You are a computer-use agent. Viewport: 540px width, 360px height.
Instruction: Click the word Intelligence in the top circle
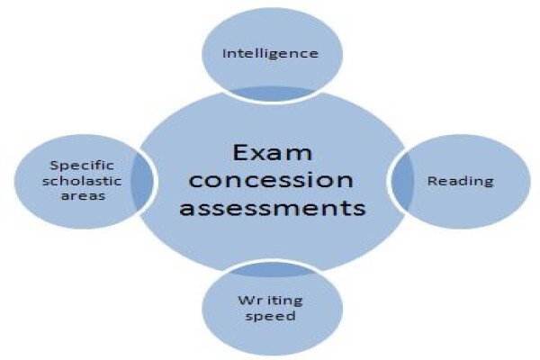[x=270, y=54]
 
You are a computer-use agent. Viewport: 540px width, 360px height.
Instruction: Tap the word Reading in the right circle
[x=461, y=182]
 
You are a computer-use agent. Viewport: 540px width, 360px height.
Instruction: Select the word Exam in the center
[x=272, y=153]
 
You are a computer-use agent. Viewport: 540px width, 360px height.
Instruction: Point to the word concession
[x=271, y=181]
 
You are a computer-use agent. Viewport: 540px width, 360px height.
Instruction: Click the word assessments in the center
[x=272, y=208]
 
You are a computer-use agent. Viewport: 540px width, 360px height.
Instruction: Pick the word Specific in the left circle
[x=82, y=166]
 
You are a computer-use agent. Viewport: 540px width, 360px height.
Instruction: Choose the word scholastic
[x=82, y=181]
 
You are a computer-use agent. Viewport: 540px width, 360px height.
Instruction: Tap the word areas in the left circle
[x=83, y=196]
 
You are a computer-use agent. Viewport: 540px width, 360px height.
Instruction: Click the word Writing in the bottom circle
[x=270, y=301]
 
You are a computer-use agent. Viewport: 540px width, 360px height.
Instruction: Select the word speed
[x=270, y=316]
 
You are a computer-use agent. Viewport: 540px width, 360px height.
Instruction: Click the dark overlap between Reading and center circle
[x=402, y=182]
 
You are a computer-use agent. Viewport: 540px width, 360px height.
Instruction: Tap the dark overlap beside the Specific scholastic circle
[x=141, y=182]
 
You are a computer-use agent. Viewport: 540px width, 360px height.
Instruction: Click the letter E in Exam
[x=240, y=153]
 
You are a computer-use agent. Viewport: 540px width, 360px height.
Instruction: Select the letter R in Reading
[x=433, y=181]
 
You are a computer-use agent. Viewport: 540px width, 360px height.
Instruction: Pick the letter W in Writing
[x=246, y=300]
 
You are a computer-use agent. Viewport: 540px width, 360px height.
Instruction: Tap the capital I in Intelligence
[x=225, y=53]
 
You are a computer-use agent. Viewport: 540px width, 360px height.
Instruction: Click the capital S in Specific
[x=54, y=166]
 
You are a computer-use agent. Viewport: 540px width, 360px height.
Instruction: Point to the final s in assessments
[x=359, y=209]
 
